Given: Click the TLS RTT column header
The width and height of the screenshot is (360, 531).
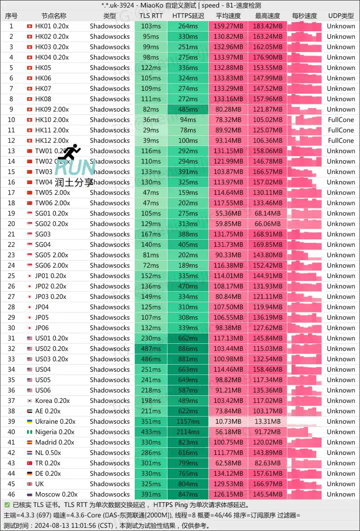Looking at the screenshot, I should pos(151,16).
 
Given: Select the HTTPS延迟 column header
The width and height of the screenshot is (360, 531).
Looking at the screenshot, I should pos(188,16).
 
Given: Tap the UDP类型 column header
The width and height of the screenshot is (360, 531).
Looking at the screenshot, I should pos(341,16).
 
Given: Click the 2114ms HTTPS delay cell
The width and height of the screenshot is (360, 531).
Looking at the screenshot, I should pos(188,432).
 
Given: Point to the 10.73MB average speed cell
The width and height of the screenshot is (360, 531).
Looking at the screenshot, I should pos(228,422).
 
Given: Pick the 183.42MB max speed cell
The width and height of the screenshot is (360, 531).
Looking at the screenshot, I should pos(268,26).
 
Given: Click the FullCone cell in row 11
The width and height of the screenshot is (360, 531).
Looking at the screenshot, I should pos(341,130).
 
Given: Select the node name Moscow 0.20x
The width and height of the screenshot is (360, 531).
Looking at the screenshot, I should pos(56,495).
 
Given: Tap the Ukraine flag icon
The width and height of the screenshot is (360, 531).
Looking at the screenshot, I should pos(30,422).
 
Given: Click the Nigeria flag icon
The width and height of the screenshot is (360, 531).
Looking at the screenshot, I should pos(30,432).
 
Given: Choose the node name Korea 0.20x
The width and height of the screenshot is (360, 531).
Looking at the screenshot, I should pos(52,401).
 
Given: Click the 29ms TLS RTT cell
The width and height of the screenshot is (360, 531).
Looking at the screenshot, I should pos(151,130).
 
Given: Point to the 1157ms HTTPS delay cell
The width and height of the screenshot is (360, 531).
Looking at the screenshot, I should pos(188,422).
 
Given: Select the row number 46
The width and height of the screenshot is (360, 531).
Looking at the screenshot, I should pos(11,495).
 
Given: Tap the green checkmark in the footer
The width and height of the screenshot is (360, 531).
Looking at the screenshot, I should pos(7,505).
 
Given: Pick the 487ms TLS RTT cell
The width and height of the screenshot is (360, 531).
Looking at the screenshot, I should pos(151,349).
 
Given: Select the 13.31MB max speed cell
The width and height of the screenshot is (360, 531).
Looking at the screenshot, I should pos(268,422).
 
